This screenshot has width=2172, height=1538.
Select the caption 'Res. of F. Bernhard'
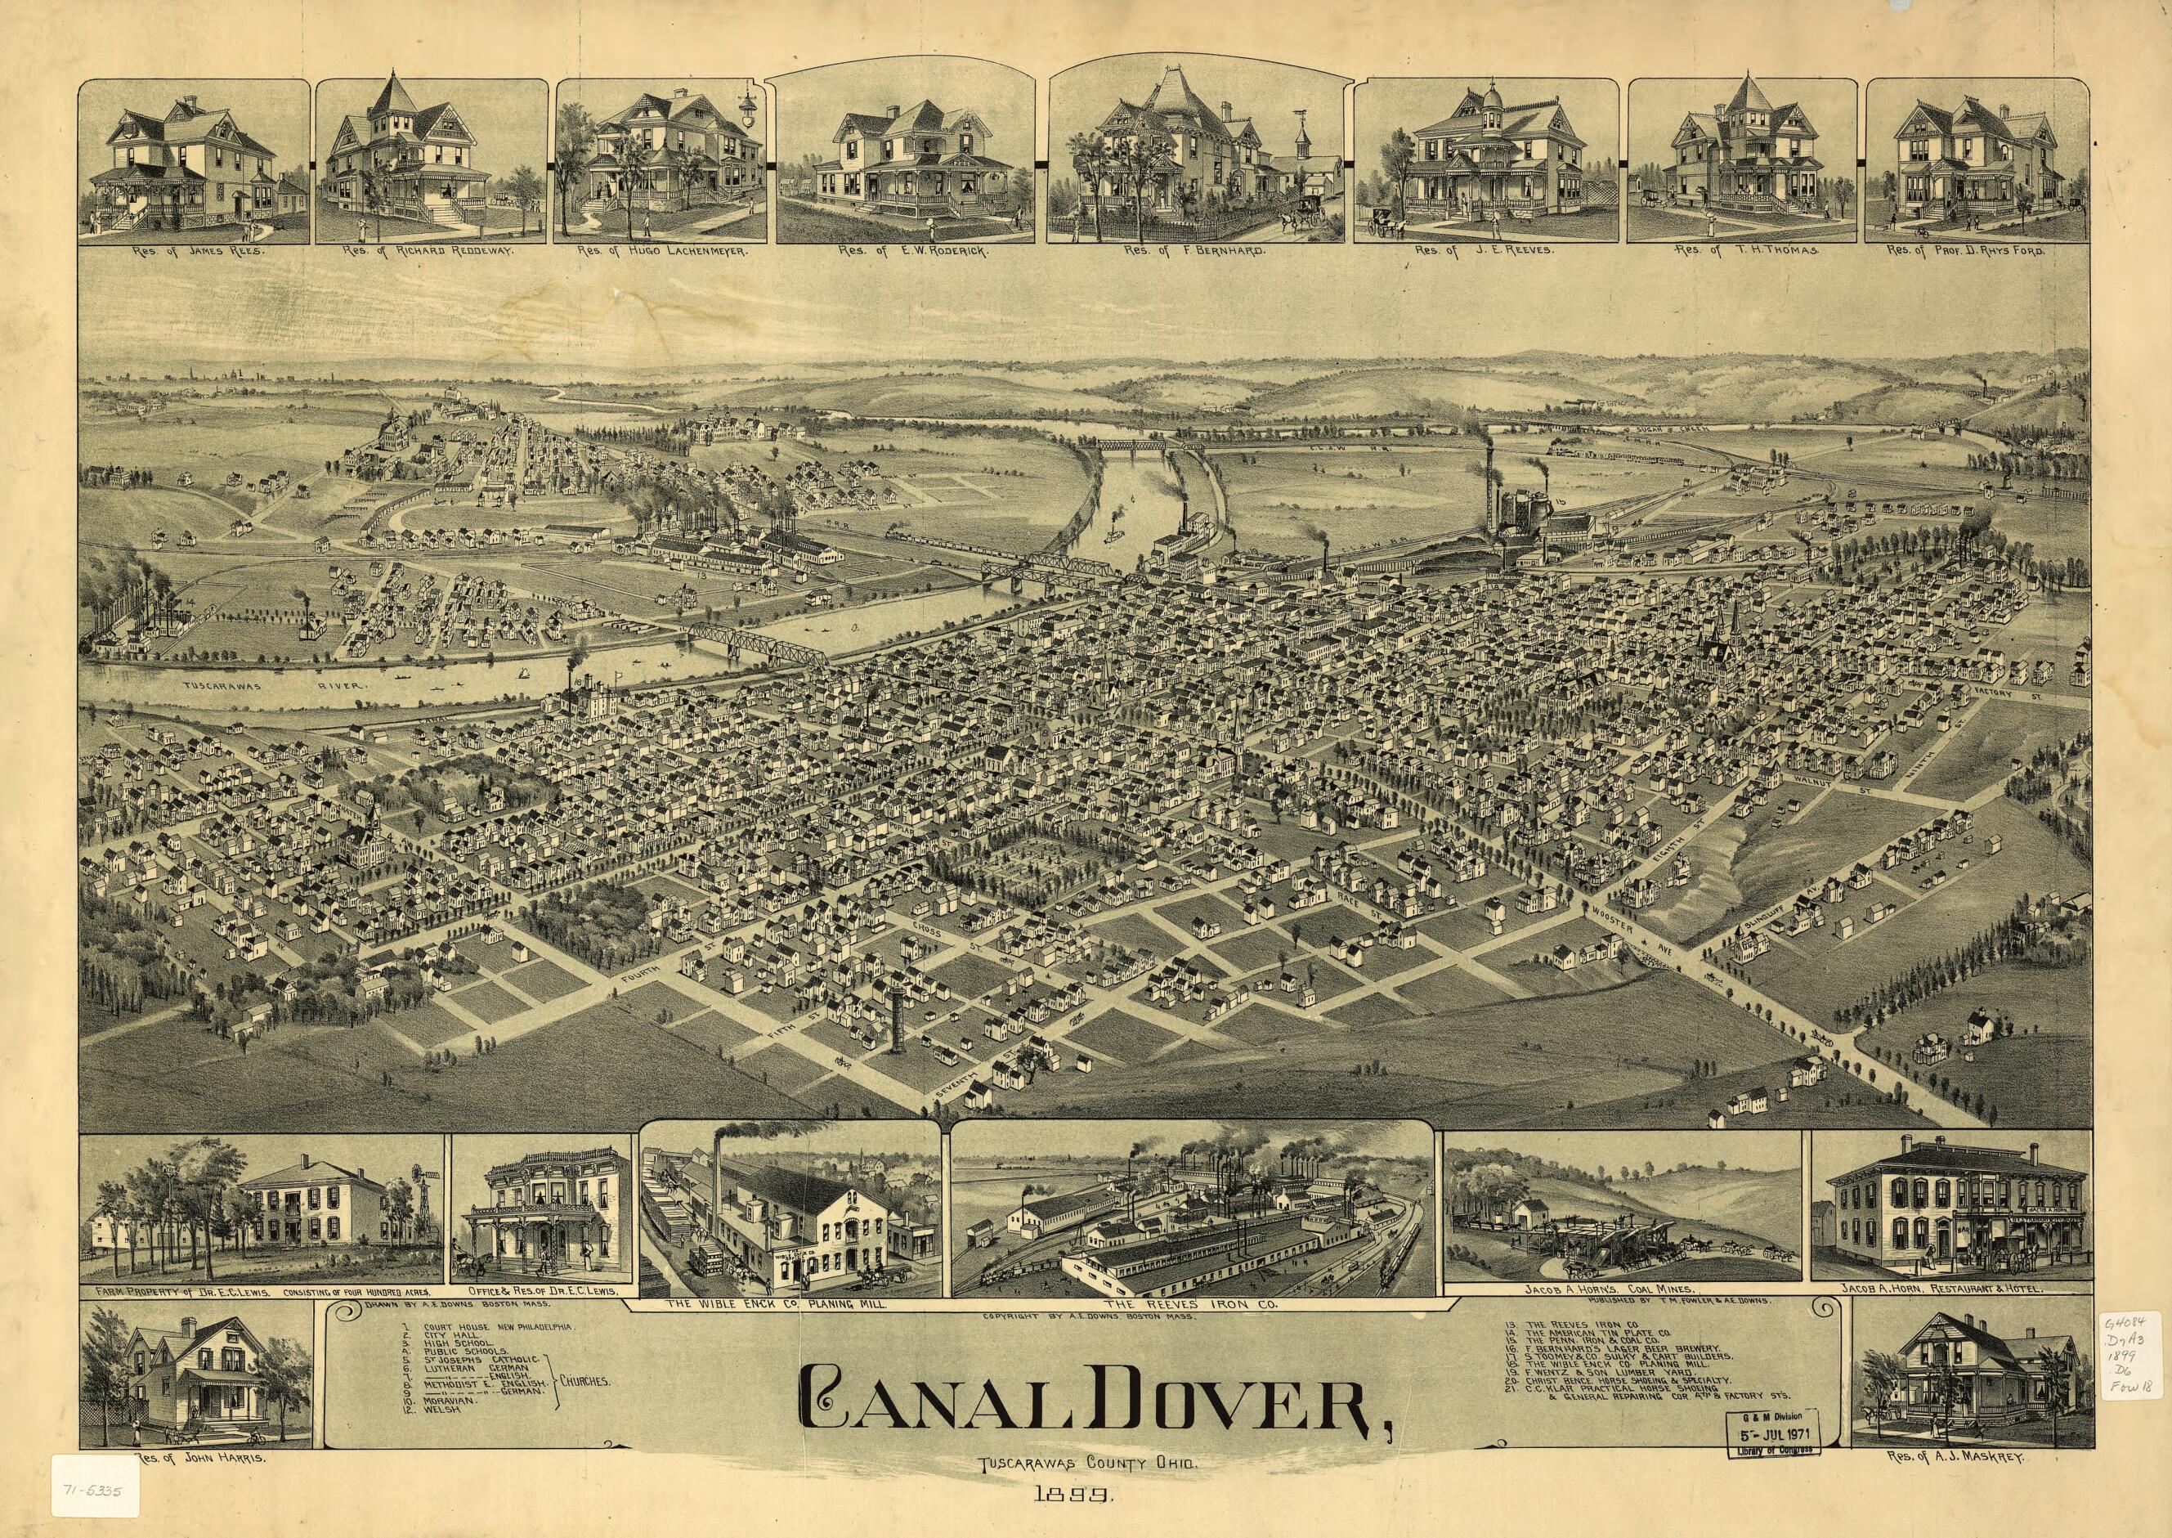1194,252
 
